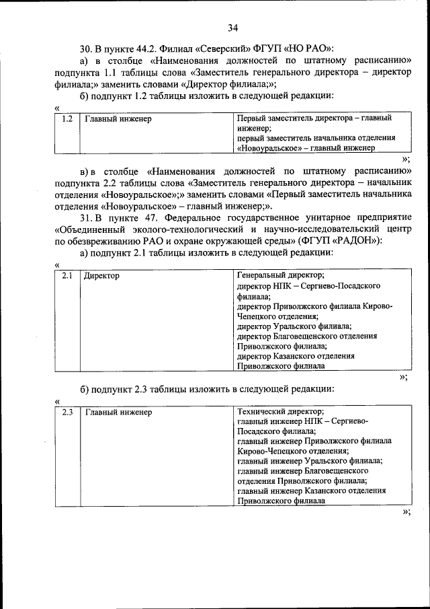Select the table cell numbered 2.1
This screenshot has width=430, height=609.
pyautogui.click(x=67, y=276)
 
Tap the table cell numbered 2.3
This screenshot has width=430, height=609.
pyautogui.click(x=67, y=411)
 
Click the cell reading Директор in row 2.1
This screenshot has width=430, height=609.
pyautogui.click(x=101, y=276)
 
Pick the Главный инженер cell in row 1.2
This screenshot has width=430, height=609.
pyautogui.click(x=118, y=119)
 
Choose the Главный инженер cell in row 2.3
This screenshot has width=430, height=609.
pyautogui.click(x=118, y=411)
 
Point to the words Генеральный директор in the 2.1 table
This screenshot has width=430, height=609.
pyautogui.click(x=281, y=276)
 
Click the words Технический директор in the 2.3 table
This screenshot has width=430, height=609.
pyautogui.click(x=281, y=411)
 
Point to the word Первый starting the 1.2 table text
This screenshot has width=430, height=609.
pyautogui.click(x=251, y=118)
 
